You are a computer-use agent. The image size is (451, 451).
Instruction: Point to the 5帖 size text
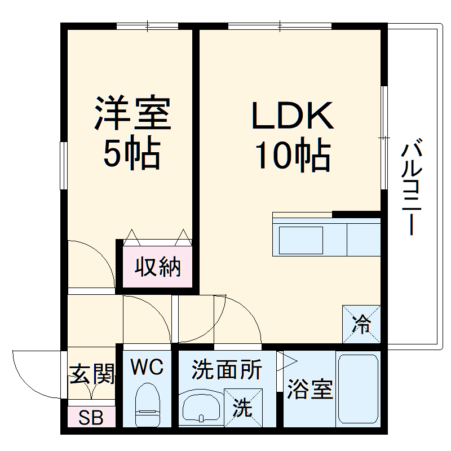click(x=132, y=153)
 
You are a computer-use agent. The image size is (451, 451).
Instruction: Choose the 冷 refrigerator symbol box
click(x=361, y=324)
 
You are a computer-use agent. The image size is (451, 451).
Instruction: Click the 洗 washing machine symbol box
click(x=243, y=408)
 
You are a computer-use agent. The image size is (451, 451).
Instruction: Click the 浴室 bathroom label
click(x=310, y=389)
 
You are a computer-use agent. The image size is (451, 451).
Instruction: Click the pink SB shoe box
click(x=91, y=418)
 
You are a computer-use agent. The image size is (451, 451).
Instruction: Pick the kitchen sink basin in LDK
click(x=301, y=239)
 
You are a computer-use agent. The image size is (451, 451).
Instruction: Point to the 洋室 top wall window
click(x=148, y=25)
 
